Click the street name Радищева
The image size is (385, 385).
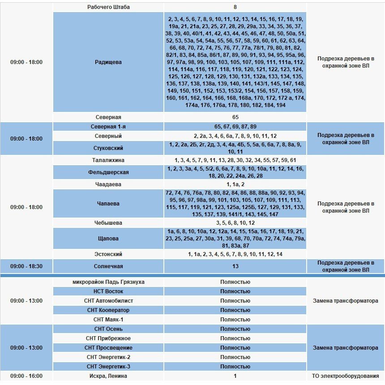click(108, 62)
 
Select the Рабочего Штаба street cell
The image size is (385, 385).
click(108, 7)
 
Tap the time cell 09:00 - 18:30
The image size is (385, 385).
click(26, 266)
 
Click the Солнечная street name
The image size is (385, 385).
click(108, 266)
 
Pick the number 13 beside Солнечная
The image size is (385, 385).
click(235, 266)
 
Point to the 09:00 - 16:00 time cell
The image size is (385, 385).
click(26, 376)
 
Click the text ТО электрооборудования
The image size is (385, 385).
click(346, 376)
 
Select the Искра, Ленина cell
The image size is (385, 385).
click(108, 376)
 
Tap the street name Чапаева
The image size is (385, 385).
click(108, 204)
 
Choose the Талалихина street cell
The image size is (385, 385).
click(108, 160)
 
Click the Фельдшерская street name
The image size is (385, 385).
click(108, 172)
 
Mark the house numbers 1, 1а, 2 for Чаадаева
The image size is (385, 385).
click(235, 184)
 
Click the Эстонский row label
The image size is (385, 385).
click(108, 254)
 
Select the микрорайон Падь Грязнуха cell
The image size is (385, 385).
click(108, 282)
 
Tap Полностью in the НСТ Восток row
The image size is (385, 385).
click(235, 291)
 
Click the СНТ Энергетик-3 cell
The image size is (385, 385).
click(108, 367)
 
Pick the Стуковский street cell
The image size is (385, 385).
click(108, 148)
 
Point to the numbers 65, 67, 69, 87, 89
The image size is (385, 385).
click(235, 127)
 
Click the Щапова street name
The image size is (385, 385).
click(108, 239)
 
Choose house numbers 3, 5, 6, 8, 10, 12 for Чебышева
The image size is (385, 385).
click(235, 223)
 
